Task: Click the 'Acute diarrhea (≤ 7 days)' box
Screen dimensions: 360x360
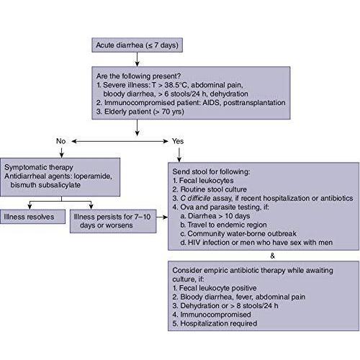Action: click(x=137, y=45)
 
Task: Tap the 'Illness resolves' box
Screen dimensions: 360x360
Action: click(x=32, y=217)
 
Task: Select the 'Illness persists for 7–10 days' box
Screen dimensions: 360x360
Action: click(x=113, y=221)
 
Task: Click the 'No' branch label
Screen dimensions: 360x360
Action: click(x=60, y=141)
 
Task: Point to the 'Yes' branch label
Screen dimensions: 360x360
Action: click(x=178, y=141)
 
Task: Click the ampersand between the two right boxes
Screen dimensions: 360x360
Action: click(x=272, y=256)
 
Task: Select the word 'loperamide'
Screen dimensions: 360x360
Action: click(x=93, y=176)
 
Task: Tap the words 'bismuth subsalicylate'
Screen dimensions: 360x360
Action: click(x=45, y=185)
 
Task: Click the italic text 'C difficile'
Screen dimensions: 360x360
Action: click(x=195, y=198)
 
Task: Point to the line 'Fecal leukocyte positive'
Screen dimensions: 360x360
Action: click(x=215, y=288)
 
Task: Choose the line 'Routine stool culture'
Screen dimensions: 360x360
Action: click(x=210, y=189)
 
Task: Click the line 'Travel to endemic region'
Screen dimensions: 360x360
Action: click(x=223, y=225)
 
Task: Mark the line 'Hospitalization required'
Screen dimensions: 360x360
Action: click(x=215, y=323)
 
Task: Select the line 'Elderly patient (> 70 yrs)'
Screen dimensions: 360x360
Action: click(x=140, y=112)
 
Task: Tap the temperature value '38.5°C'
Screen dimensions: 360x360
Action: click(x=176, y=85)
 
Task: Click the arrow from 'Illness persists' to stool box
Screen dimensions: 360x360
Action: click(x=162, y=217)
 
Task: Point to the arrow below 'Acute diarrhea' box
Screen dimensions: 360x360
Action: click(x=137, y=59)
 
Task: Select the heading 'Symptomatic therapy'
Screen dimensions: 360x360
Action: click(x=39, y=167)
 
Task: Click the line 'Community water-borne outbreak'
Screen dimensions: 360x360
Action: click(x=238, y=233)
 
